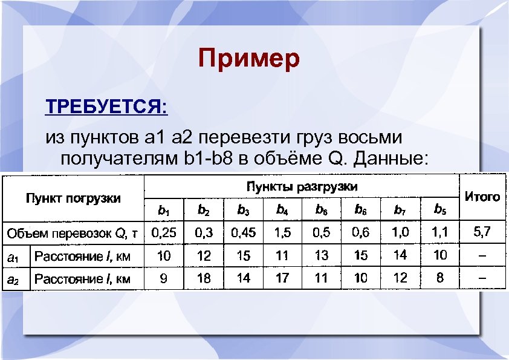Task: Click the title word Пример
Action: coord(248,59)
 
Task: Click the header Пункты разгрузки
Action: coord(301,186)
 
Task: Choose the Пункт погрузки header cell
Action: coord(73,198)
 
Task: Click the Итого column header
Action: coord(482,196)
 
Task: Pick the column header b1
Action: coord(163,211)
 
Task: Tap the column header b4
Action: coord(282,211)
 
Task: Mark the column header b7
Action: coord(400,211)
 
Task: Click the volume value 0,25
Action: coord(164,232)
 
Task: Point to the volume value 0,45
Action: coord(242,232)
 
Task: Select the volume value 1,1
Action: coord(439,232)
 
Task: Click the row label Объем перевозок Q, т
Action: coord(72,233)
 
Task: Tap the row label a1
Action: coord(13,257)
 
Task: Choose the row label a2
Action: coord(13,279)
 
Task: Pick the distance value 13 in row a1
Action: coord(322,255)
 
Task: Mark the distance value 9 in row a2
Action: coord(163,278)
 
